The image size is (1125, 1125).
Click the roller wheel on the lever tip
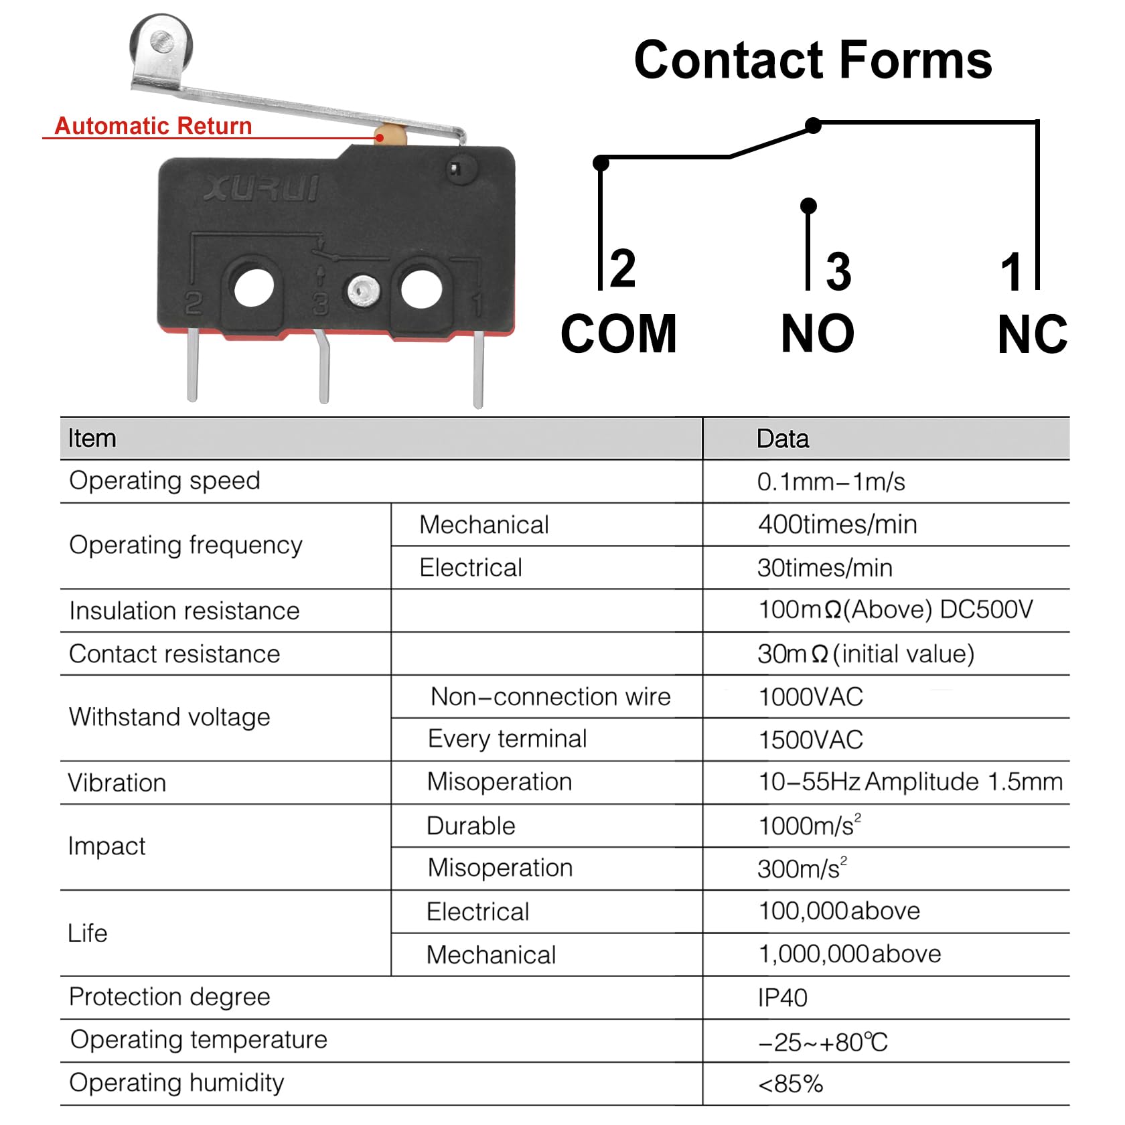click(x=161, y=44)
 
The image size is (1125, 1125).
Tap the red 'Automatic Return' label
click(x=153, y=125)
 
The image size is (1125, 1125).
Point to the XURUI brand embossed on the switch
click(x=261, y=188)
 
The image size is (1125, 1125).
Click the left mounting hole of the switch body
click(x=254, y=287)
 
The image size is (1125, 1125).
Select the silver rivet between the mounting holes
click(x=364, y=290)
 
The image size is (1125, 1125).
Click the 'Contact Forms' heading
click(x=812, y=60)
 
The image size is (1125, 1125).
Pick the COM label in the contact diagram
click(x=619, y=333)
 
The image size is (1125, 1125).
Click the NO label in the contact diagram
click(x=818, y=333)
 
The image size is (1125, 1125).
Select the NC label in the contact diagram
click(x=1032, y=334)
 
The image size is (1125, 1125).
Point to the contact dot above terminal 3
click(x=808, y=206)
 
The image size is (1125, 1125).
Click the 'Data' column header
click(x=782, y=439)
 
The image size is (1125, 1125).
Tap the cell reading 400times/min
click(x=837, y=524)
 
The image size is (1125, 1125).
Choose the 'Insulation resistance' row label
click(x=184, y=611)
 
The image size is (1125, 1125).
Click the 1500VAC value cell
click(x=810, y=740)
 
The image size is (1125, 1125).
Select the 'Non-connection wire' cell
click(x=550, y=696)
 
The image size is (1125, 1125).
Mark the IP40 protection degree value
click(x=782, y=998)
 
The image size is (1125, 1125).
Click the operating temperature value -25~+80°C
click(x=823, y=1042)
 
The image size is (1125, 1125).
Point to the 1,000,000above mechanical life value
click(x=850, y=954)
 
